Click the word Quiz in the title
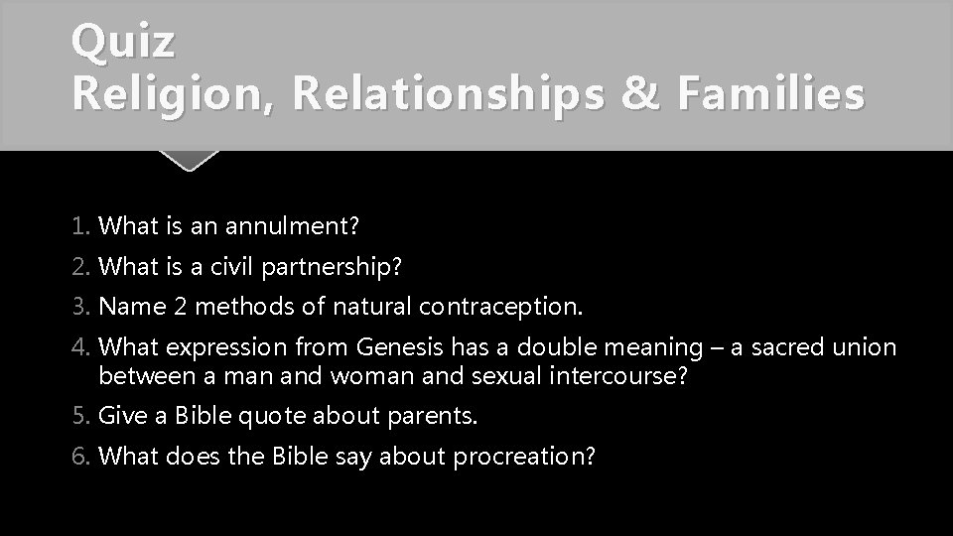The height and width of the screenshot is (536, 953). tap(124, 43)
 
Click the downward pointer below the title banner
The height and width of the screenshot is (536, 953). tap(188, 160)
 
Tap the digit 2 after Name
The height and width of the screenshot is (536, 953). tap(179, 307)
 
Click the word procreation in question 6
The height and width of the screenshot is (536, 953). tap(523, 457)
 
